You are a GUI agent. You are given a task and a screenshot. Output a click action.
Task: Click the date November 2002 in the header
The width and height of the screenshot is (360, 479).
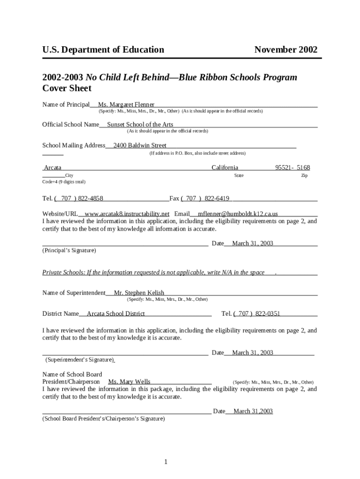[286, 50]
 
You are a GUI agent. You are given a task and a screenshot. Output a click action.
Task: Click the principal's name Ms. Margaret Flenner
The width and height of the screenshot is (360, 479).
[126, 104]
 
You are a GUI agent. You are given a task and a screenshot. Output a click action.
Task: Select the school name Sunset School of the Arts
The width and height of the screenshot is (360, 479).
[140, 124]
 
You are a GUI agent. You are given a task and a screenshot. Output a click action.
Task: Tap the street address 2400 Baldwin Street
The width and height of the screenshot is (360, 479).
[140, 145]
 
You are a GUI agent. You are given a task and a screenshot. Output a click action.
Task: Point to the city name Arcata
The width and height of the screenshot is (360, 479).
[52, 167]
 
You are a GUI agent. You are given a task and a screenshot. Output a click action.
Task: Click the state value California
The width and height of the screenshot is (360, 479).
[225, 167]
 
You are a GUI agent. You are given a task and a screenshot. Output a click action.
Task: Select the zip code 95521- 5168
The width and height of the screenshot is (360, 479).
[292, 167]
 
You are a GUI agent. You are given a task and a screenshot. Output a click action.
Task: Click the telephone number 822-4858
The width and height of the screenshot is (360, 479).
[91, 198]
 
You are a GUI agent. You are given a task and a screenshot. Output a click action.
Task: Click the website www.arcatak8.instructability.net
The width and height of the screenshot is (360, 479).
[127, 214]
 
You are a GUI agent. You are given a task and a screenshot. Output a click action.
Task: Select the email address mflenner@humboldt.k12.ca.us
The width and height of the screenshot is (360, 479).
[238, 214]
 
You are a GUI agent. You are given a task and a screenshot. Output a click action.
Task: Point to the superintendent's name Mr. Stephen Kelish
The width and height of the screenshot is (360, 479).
[139, 293]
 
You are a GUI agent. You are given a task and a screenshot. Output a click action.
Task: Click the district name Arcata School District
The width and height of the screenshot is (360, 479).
[116, 313]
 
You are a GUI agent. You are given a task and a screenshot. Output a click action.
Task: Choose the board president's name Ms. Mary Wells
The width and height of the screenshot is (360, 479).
[129, 382]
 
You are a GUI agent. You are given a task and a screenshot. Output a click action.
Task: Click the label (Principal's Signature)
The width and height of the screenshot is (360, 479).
[69, 250]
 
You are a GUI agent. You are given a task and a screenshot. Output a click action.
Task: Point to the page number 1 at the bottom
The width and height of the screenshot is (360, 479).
[166, 462]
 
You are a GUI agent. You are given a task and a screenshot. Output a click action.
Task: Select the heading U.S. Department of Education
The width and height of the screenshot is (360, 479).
[103, 50]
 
